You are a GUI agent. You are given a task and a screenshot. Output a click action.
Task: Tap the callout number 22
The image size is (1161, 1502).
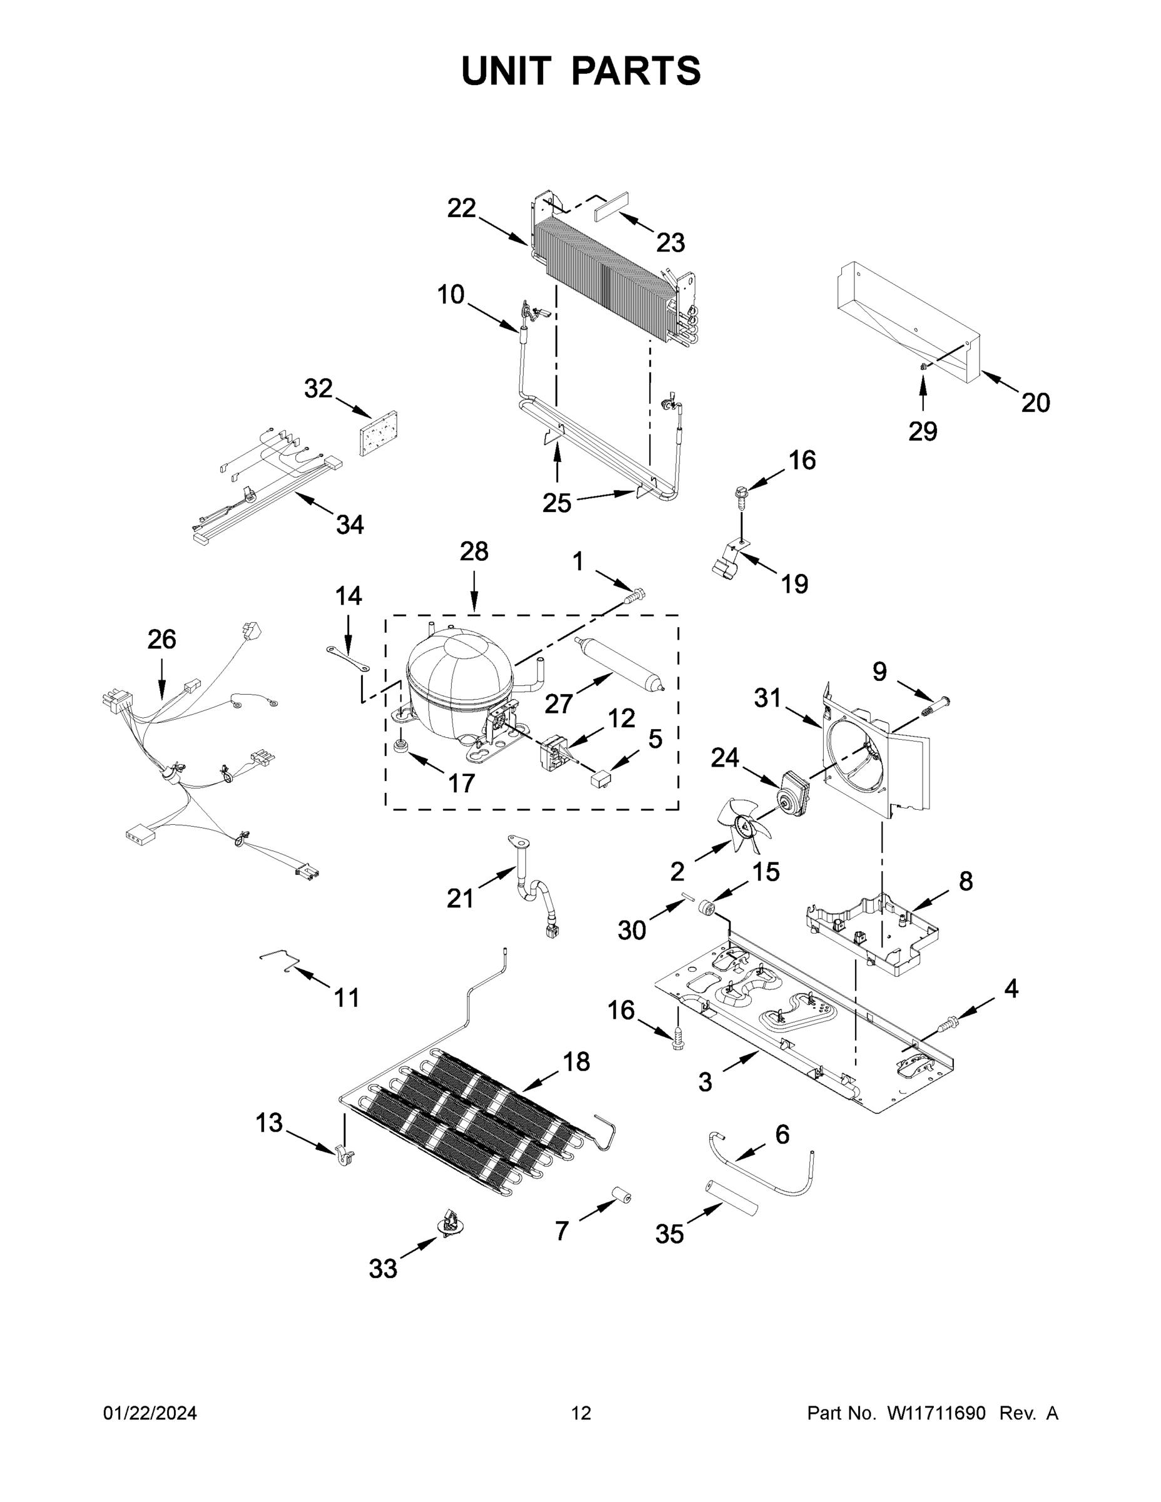click(x=461, y=208)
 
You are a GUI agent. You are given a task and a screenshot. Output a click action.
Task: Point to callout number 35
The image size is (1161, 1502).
click(x=669, y=1235)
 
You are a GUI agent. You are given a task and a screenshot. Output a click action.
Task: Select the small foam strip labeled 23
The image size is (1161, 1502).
click(x=613, y=204)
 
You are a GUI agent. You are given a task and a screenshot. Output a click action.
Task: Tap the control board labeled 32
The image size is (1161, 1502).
click(x=379, y=433)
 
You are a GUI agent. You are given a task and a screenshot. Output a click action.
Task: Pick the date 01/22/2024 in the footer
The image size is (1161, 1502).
click(x=150, y=1413)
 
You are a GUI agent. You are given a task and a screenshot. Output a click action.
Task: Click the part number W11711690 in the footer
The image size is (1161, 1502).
click(x=936, y=1413)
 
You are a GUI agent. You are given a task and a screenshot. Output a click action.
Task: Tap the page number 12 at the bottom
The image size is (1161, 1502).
click(x=581, y=1413)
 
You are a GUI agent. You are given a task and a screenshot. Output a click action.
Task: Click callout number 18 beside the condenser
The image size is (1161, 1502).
click(x=576, y=1062)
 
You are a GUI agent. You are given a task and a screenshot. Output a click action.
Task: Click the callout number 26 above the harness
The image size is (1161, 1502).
click(x=161, y=640)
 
